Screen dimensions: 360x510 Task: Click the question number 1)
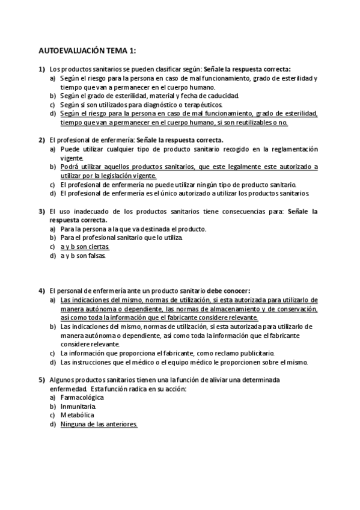point(42,70)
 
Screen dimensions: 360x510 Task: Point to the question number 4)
point(42,290)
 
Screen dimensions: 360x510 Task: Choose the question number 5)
point(42,380)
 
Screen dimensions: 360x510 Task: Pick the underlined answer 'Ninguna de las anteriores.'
point(99,424)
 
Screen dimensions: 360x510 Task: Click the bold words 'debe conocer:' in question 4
point(228,290)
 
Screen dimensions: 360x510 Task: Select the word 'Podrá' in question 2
point(70,167)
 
